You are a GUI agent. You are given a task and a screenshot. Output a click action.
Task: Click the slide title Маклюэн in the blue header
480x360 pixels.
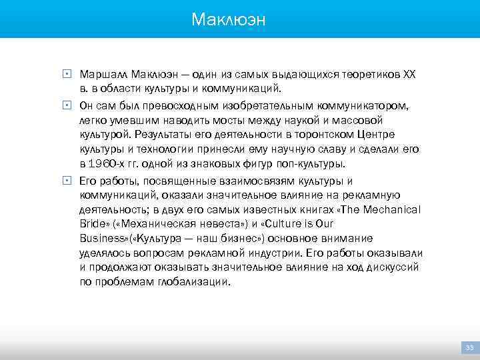click(228, 19)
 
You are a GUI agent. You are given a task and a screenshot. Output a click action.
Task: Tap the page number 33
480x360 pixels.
click(469, 348)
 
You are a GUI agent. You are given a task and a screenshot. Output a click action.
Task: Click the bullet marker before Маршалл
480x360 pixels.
click(67, 73)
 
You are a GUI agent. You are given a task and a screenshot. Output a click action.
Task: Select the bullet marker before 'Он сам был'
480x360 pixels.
click(67, 105)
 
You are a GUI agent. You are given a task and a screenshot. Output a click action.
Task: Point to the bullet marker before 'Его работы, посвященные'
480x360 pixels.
click(67, 180)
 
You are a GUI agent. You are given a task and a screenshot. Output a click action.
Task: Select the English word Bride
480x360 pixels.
click(93, 224)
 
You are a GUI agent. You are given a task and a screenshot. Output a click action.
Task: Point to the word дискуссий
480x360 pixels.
click(393, 267)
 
